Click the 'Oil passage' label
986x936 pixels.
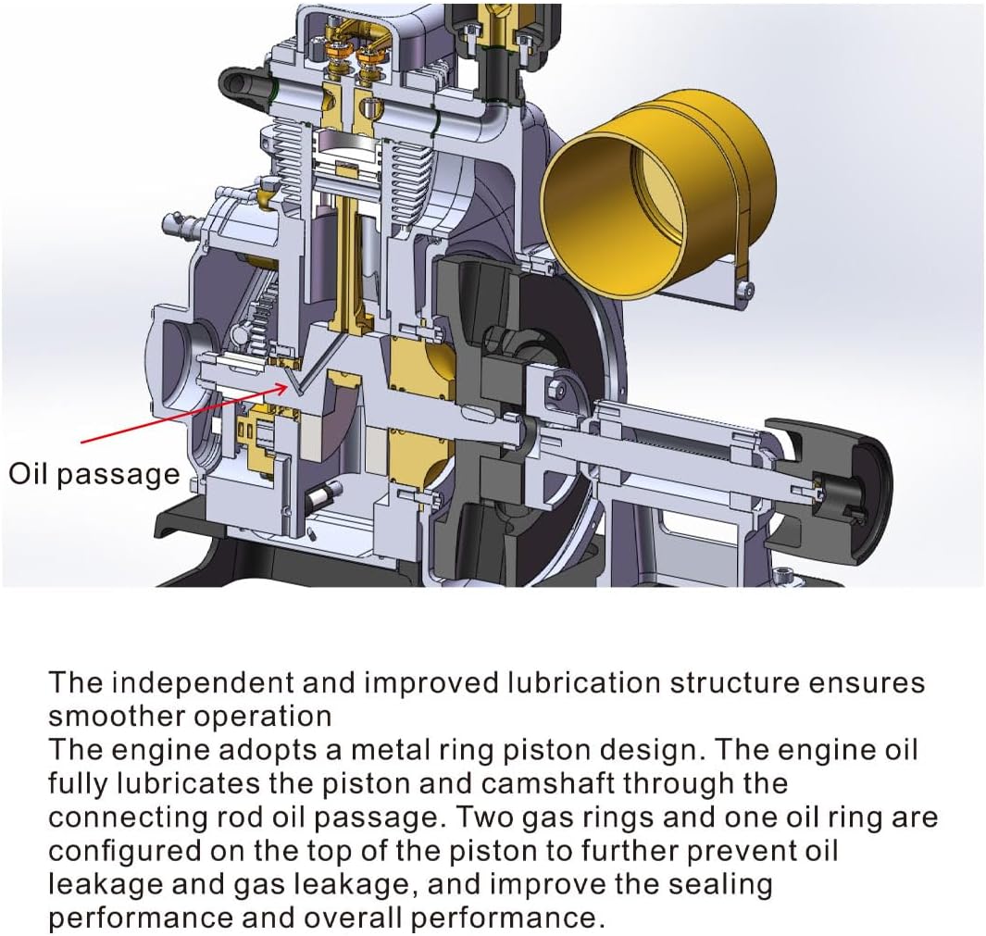tap(94, 474)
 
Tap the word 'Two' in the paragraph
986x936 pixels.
tap(481, 817)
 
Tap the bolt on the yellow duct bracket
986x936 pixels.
tap(746, 289)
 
